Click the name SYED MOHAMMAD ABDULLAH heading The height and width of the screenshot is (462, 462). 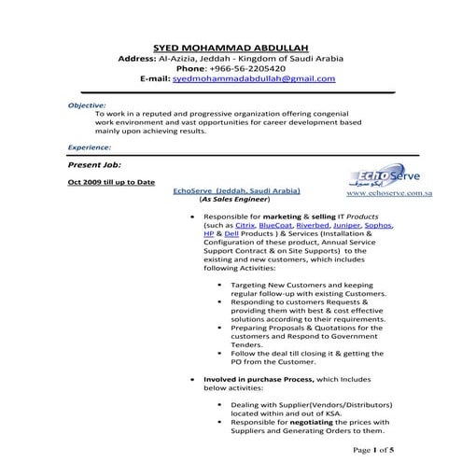[x=230, y=47]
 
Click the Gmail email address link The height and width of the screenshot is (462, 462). [x=254, y=79]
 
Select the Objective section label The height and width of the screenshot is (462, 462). [x=87, y=106]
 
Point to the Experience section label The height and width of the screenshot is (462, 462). [x=91, y=147]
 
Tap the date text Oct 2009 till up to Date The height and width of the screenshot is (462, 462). [x=111, y=181]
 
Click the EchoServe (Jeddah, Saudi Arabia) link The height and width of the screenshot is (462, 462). [x=237, y=190]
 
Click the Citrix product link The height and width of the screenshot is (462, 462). [x=245, y=225]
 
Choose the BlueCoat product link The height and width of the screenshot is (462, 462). [x=276, y=225]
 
